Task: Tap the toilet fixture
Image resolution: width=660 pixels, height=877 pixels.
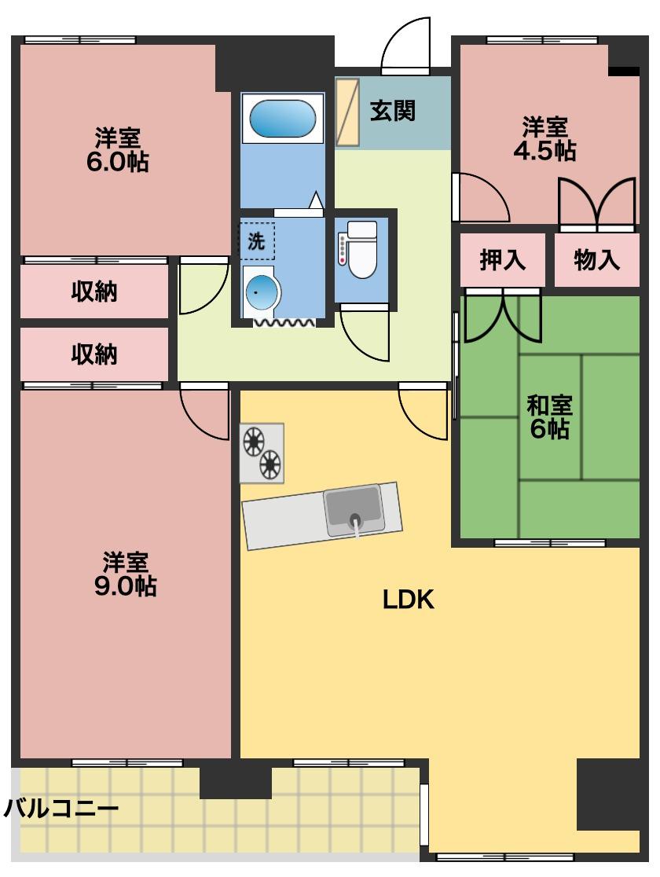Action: click(x=361, y=251)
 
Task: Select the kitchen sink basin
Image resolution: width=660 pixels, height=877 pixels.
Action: click(x=354, y=510)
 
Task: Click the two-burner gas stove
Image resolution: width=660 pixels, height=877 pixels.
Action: click(x=262, y=453)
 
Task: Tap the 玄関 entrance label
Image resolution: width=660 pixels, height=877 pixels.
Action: click(x=392, y=111)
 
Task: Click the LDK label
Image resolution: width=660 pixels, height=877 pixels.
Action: click(x=409, y=600)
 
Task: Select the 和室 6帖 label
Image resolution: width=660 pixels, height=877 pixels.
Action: click(x=549, y=417)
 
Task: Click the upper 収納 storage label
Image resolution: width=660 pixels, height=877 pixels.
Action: click(x=94, y=292)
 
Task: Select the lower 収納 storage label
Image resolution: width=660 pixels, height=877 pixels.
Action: click(x=94, y=354)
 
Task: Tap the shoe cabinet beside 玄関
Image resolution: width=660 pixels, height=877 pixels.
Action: click(x=347, y=112)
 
